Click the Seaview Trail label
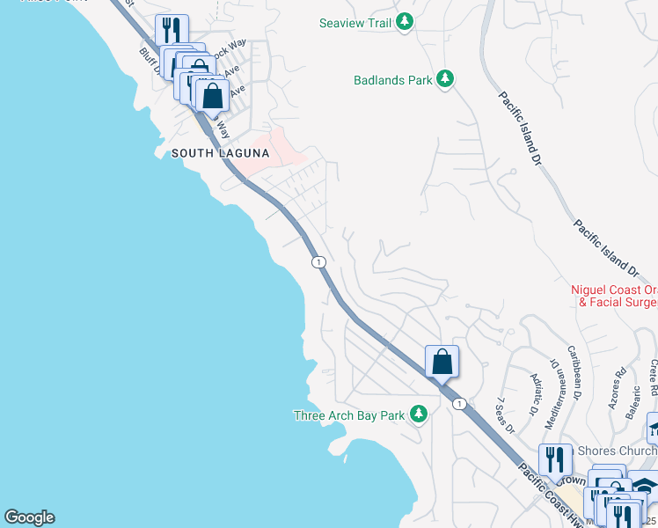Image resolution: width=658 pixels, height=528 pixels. pos(355,23)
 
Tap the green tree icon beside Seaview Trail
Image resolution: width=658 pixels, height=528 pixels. pos(404,23)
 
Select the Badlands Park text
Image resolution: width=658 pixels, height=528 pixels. pos(392,80)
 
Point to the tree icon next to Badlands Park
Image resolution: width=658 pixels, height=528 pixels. pos(445,80)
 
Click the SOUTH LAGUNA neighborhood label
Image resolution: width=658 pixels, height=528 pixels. pos(220,153)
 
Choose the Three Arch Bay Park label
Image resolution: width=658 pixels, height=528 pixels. pos(349,414)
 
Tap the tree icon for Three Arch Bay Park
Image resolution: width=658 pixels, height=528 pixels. pos(419,414)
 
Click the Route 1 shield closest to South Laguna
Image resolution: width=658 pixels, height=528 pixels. pos(318,261)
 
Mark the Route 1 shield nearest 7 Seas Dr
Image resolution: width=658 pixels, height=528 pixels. pos(458,403)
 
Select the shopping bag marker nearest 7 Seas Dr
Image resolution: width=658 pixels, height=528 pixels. pos(442,361)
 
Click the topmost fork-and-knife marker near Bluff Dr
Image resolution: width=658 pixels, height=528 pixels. pos(171,31)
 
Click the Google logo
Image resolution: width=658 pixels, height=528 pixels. pos(29,517)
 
